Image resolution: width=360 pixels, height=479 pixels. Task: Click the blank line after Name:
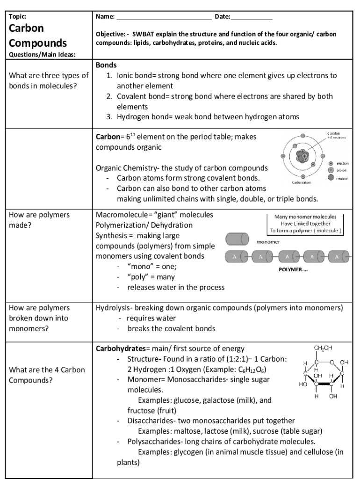[164, 18]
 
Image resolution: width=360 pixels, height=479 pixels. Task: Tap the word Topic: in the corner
[18, 17]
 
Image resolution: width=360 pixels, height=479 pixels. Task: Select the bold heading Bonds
[106, 65]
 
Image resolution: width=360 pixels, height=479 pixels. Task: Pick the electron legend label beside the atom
[343, 163]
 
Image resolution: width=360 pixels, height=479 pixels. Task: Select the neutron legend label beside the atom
[343, 178]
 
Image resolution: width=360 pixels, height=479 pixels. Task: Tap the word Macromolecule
[121, 215]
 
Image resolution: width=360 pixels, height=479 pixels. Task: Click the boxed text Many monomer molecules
[305, 217]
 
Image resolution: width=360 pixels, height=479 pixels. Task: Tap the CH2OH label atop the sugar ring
[323, 348]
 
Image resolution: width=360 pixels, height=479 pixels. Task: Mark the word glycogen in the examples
[189, 452]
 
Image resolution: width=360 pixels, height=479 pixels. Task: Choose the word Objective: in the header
[110, 35]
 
